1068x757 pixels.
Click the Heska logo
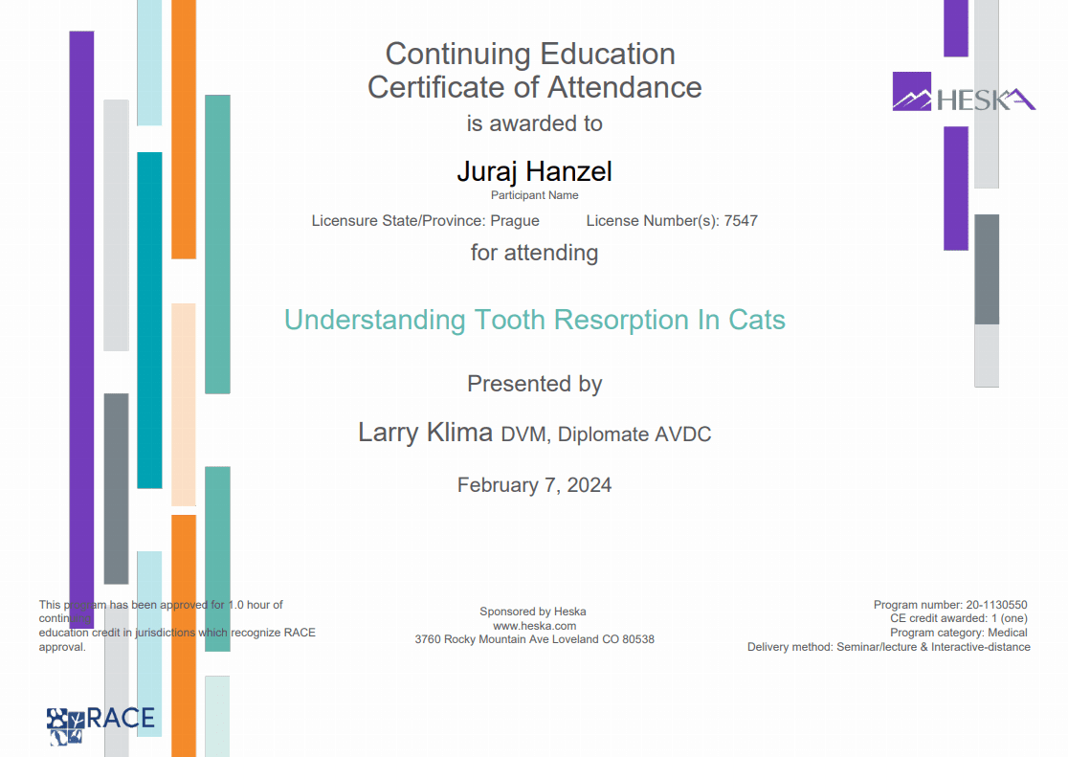click(x=964, y=92)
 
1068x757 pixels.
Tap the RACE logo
click(x=100, y=724)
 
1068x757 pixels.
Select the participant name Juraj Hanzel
click(x=535, y=171)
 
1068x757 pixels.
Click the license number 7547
click(x=741, y=221)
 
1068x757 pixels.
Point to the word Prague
click(x=515, y=221)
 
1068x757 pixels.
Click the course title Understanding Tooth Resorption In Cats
click(x=535, y=321)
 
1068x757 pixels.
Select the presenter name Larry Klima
click(x=425, y=432)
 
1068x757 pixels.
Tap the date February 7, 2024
click(x=535, y=485)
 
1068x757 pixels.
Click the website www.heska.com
click(x=535, y=626)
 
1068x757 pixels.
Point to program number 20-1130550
click(x=996, y=605)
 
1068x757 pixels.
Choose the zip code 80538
click(x=636, y=639)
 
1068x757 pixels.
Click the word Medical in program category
click(x=1008, y=633)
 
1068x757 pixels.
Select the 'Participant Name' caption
click(x=535, y=195)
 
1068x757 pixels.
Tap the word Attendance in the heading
click(x=625, y=87)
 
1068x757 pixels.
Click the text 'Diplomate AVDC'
click(x=634, y=434)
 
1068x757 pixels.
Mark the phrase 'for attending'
click(x=535, y=253)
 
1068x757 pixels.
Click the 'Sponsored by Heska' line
click(x=533, y=612)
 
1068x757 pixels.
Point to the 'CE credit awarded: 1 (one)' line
click(x=958, y=618)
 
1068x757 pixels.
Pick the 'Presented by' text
click(x=535, y=385)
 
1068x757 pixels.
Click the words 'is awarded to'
click(x=535, y=123)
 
